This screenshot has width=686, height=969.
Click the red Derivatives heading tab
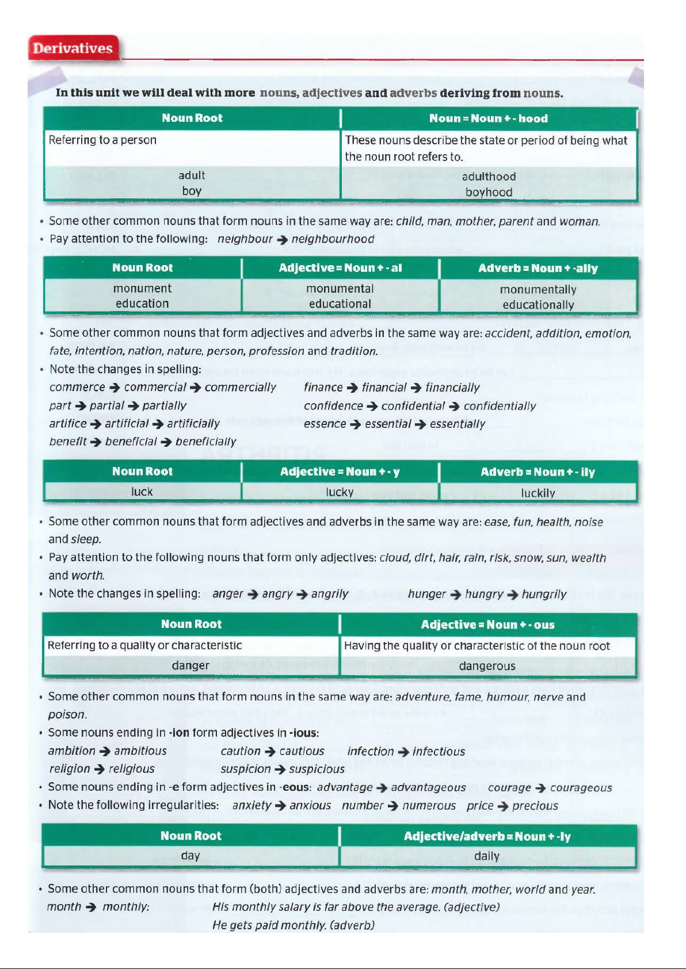(x=73, y=48)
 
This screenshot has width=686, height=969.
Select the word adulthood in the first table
(x=489, y=177)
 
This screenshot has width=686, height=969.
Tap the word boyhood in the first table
(x=489, y=192)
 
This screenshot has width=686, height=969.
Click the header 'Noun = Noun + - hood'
(x=488, y=118)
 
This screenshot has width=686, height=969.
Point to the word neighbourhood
(x=333, y=239)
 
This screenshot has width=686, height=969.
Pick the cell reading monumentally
(x=538, y=289)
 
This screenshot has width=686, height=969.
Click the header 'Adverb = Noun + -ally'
(x=538, y=269)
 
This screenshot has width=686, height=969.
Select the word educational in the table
(x=340, y=304)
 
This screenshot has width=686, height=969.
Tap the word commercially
(x=240, y=388)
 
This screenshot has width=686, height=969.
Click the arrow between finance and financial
(x=352, y=388)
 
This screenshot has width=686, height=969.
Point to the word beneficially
(x=205, y=442)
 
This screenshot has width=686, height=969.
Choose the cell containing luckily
(x=538, y=493)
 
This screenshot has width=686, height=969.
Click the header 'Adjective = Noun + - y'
(x=340, y=472)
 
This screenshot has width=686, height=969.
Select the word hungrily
(x=544, y=594)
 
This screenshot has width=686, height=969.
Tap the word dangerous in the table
(x=487, y=666)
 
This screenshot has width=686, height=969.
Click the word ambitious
(x=140, y=751)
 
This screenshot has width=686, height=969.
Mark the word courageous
(x=581, y=788)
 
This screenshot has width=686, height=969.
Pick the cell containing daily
(x=486, y=856)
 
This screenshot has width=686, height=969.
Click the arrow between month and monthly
(x=91, y=907)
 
